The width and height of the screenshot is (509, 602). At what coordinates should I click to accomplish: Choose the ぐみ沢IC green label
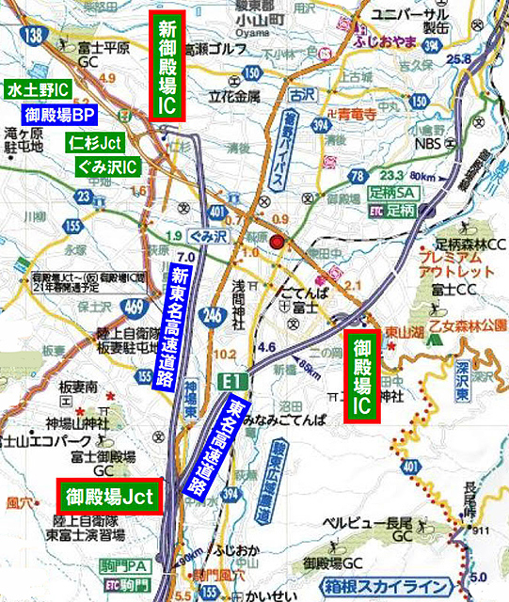[x=105, y=167]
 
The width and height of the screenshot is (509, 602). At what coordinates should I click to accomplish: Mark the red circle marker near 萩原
[x=276, y=243]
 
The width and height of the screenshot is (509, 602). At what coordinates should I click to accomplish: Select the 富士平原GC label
[x=103, y=55]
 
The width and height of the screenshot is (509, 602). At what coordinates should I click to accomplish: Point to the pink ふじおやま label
[x=387, y=42]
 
